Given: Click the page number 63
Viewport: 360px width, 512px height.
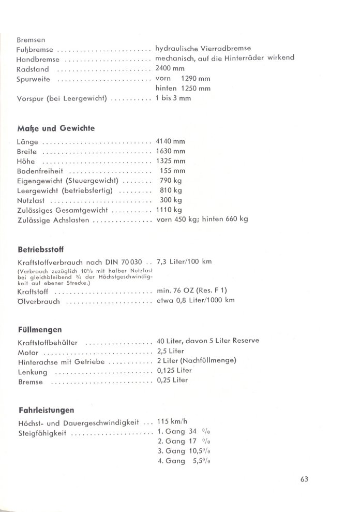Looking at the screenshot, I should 304,479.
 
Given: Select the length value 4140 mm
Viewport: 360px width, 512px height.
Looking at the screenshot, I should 170,141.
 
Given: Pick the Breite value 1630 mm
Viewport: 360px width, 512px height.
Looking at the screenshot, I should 170,151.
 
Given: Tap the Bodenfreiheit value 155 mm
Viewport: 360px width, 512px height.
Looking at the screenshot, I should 173,171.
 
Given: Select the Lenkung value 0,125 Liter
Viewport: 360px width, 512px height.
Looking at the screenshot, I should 174,371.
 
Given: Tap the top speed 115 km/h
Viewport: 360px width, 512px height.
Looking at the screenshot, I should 171,422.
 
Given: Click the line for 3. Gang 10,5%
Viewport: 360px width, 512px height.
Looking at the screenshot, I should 185,451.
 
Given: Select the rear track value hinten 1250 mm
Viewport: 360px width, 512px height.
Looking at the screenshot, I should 184,88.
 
